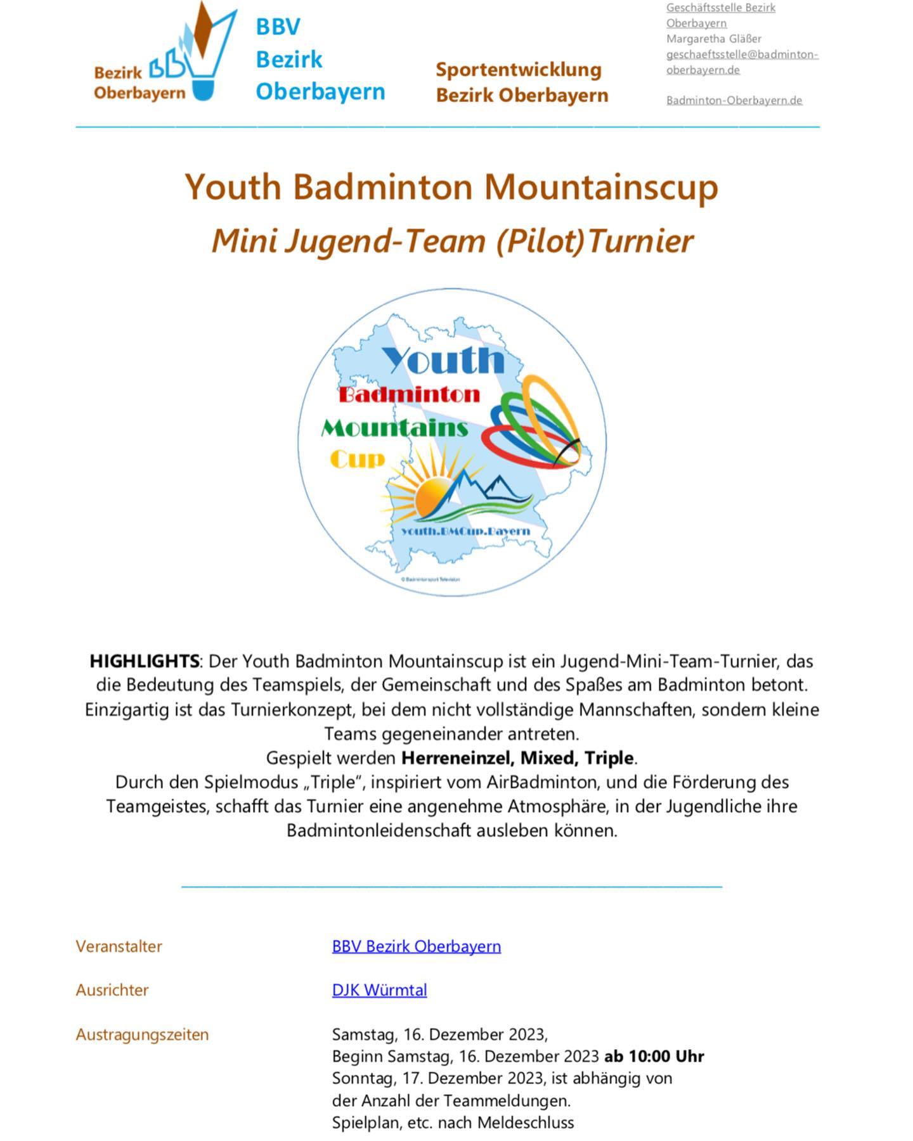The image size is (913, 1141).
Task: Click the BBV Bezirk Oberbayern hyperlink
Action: (x=416, y=946)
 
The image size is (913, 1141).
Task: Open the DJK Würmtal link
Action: (x=379, y=990)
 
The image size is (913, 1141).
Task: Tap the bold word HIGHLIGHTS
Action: (x=145, y=661)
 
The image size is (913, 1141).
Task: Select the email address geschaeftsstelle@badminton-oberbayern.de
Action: (x=742, y=61)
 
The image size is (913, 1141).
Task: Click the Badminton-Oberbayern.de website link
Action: (x=734, y=100)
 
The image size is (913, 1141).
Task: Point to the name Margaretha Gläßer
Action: (x=714, y=39)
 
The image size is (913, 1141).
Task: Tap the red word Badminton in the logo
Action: (x=410, y=395)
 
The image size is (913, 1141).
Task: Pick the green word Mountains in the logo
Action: (x=394, y=429)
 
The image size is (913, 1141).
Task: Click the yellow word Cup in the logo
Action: (x=358, y=459)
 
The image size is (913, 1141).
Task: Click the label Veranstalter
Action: (x=119, y=946)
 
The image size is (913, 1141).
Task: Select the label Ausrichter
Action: (x=112, y=990)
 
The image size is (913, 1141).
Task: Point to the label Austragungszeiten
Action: (x=142, y=1034)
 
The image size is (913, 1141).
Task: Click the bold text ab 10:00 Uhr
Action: (x=654, y=1056)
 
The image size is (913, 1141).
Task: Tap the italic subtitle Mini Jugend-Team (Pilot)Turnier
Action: (x=452, y=242)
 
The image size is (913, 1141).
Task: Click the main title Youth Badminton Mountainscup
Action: (x=451, y=187)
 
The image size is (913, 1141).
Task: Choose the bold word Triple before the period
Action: (x=609, y=757)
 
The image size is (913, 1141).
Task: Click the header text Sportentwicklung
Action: (x=518, y=70)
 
